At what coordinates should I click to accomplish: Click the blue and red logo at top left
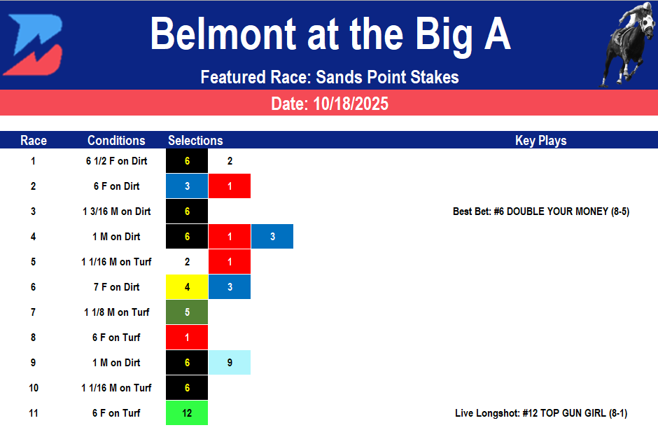[33, 43]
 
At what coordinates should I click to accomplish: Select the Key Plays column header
[540, 141]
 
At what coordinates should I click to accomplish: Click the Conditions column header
[116, 141]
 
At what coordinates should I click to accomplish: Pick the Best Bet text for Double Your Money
[541, 211]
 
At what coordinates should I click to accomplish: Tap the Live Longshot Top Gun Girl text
[540, 413]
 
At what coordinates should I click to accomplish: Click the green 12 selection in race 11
[187, 413]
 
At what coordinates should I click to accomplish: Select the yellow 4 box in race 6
[187, 287]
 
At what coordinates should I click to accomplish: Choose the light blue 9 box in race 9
[230, 363]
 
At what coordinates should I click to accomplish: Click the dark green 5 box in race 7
[187, 312]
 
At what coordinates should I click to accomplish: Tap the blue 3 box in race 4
[272, 237]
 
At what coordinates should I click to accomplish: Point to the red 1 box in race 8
[187, 338]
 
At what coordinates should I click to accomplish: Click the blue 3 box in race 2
[187, 186]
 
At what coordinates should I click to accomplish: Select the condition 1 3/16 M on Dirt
[116, 211]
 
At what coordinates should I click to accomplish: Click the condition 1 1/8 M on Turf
[116, 312]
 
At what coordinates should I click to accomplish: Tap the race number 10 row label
[34, 388]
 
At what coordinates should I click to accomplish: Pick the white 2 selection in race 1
[230, 161]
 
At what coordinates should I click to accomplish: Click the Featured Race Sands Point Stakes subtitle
[329, 77]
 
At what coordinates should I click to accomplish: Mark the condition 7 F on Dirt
[116, 287]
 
